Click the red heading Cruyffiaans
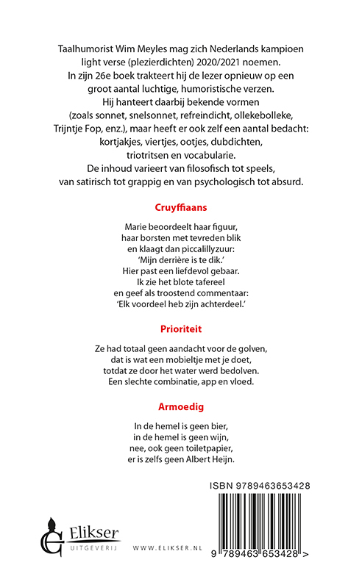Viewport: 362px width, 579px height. click(181, 208)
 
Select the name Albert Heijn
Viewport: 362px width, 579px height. click(203, 460)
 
